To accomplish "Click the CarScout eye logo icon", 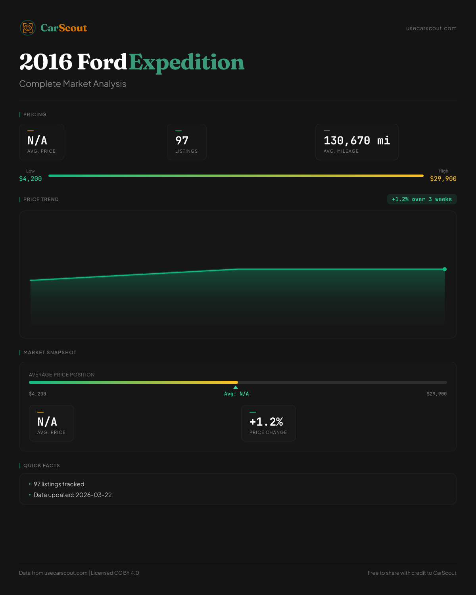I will (x=28, y=28).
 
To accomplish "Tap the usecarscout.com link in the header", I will (x=431, y=28).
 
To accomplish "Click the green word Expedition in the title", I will (x=186, y=62).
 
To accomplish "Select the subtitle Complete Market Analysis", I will (x=73, y=84).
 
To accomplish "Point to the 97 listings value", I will (x=182, y=140).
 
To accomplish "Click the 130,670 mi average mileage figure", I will (x=357, y=140).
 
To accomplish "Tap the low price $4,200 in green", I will (x=31, y=179).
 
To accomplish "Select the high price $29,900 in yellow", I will (x=443, y=179).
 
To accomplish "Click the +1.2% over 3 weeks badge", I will (x=422, y=199).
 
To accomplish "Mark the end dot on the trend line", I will (x=445, y=269).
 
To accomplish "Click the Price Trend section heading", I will (x=41, y=200).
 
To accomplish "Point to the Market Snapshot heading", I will (x=50, y=353).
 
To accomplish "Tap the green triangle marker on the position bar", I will (x=236, y=387).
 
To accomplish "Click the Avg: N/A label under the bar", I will (x=236, y=394).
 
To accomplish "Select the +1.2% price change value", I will (x=266, y=422).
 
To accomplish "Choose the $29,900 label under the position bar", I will (x=437, y=394).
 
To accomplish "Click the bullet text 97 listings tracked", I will (x=59, y=484).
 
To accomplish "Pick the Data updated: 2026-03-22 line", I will (x=73, y=495).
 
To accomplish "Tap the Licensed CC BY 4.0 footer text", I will (x=115, y=573).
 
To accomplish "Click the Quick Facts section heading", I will (x=41, y=466).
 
